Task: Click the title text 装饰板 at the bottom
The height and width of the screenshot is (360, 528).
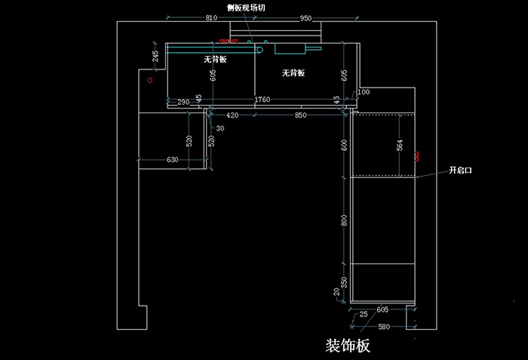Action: [x=348, y=346]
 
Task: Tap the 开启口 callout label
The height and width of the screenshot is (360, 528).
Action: [x=459, y=171]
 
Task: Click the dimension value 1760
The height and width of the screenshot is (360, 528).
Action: [x=262, y=100]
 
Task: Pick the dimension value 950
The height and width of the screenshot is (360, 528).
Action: [x=305, y=17]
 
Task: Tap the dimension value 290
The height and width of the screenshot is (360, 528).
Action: [x=183, y=101]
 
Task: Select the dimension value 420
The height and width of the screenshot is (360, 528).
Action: [x=232, y=115]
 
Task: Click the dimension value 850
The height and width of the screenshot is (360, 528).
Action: [x=300, y=115]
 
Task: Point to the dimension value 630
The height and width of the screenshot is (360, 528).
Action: [x=172, y=159]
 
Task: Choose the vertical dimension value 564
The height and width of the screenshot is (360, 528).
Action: [x=400, y=144]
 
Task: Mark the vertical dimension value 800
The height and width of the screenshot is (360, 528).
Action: [x=344, y=220]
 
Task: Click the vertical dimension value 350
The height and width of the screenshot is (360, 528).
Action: [x=344, y=282]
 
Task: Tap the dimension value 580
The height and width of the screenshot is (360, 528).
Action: [x=384, y=327]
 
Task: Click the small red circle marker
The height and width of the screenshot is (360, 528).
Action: [x=150, y=79]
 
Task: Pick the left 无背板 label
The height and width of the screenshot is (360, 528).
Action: [x=215, y=59]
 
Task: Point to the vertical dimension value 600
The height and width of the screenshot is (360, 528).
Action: [x=344, y=145]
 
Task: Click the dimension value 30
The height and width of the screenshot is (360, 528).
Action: [x=220, y=128]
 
